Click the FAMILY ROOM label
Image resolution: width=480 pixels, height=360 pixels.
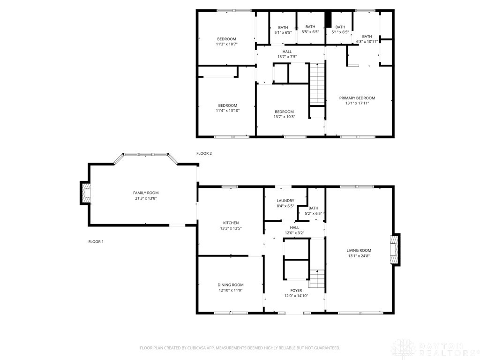tap(146, 193)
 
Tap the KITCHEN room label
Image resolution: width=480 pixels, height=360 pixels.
tap(231, 223)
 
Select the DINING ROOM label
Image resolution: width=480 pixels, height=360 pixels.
tap(231, 285)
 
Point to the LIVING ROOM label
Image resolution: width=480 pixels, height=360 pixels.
tap(359, 250)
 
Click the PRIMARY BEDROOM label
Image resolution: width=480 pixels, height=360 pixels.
tap(357, 98)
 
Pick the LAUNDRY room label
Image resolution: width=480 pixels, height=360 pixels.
tap(285, 201)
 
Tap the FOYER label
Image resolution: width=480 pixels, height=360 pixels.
tap(296, 291)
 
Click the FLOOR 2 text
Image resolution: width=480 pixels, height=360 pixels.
tap(204, 153)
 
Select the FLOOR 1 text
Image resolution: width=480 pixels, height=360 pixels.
tap(96, 242)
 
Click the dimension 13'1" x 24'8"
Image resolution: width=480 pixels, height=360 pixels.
tap(359, 256)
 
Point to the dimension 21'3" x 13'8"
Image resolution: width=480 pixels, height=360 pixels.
tap(146, 198)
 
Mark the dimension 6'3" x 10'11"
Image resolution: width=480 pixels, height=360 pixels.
tap(367, 42)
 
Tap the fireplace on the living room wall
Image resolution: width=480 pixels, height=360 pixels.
tap(395, 250)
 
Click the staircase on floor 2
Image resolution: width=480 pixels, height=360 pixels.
tap(317, 84)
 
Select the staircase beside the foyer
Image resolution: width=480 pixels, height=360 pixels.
tap(317, 278)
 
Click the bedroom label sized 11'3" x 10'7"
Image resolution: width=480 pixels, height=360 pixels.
tap(226, 39)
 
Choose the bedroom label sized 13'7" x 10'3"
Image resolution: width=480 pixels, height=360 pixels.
tap(284, 112)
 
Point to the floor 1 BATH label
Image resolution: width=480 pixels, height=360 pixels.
tap(313, 208)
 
